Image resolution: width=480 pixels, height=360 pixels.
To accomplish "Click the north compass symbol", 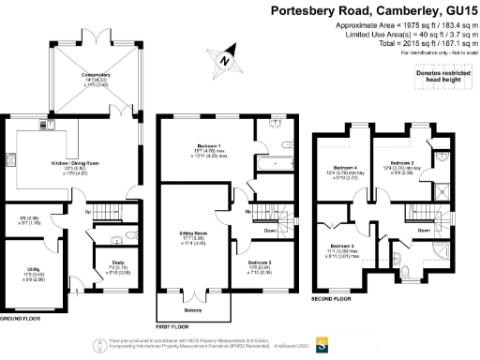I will (x=224, y=62).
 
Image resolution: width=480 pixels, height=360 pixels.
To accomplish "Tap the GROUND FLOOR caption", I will (x=25, y=320).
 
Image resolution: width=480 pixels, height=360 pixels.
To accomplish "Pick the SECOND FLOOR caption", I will (x=332, y=298).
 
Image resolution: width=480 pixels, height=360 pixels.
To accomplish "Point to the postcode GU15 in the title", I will (x=454, y=11).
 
